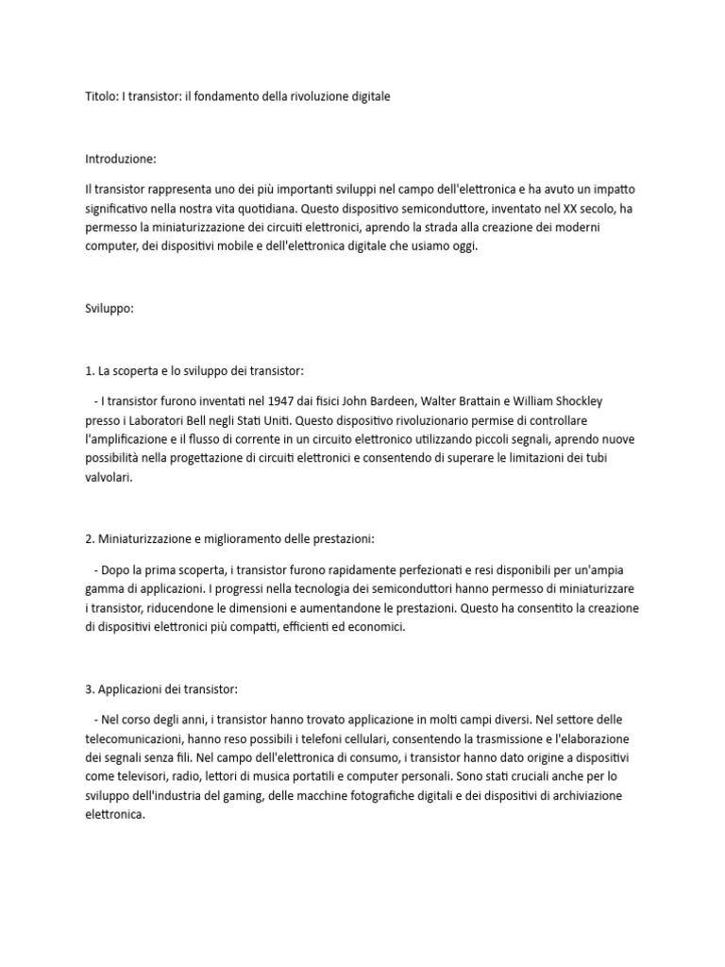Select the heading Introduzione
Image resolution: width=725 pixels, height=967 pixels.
tap(120, 158)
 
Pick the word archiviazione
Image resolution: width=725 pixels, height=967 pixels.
tap(614, 796)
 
